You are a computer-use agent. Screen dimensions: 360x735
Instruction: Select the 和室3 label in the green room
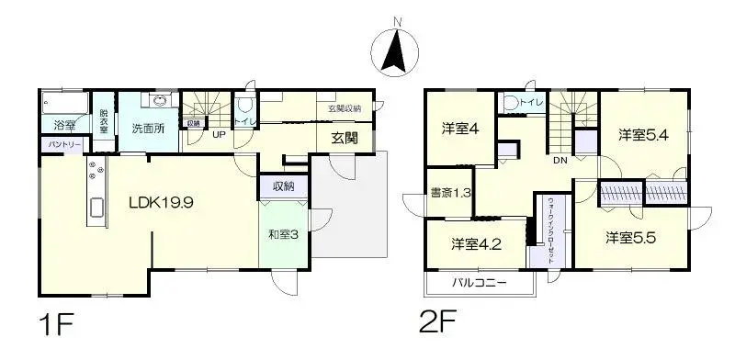[283, 234]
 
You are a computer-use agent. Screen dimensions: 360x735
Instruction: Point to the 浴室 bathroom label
[64, 124]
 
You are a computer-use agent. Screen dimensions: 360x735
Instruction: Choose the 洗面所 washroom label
[147, 129]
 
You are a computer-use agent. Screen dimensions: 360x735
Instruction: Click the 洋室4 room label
[459, 129]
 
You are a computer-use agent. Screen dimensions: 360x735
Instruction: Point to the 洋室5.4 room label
[642, 135]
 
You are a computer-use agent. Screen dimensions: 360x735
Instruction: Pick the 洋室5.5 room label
[630, 237]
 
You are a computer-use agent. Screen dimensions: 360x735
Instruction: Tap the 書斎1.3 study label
[450, 193]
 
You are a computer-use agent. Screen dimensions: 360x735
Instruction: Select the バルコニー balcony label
[479, 282]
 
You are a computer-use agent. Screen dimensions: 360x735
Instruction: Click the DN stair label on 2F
[560, 163]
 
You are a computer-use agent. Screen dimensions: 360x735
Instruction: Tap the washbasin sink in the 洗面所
[162, 101]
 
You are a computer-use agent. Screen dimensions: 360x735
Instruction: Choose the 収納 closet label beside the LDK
[283, 186]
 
